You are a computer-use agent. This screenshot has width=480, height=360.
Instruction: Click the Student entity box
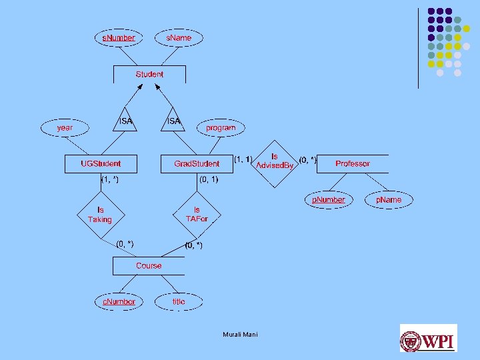click(149, 75)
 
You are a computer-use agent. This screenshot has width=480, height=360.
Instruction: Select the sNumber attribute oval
click(118, 38)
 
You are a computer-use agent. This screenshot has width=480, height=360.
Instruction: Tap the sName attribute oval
click(178, 38)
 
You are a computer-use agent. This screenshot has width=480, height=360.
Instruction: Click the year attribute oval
click(65, 127)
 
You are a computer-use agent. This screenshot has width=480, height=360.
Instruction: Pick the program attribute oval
click(221, 127)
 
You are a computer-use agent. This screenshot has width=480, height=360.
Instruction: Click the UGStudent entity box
click(101, 163)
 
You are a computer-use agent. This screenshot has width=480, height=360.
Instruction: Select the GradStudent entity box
click(196, 163)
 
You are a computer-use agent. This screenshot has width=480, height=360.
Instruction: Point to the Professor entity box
click(353, 163)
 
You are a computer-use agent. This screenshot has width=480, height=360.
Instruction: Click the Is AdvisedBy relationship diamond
click(275, 162)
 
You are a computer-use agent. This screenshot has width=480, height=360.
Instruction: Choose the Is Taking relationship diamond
click(101, 215)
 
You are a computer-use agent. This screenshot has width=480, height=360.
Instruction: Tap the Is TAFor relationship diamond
click(197, 214)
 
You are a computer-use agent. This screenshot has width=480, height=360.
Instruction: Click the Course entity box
click(149, 265)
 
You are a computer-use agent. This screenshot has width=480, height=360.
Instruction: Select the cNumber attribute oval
click(118, 301)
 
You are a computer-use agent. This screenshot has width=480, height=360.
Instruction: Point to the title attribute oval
click(179, 301)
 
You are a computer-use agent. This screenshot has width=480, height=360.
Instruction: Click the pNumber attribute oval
click(329, 199)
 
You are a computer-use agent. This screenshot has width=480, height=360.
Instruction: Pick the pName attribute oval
click(388, 199)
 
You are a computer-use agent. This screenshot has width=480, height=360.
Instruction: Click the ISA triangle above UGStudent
click(125, 121)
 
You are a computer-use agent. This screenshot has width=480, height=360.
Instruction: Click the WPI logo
click(428, 338)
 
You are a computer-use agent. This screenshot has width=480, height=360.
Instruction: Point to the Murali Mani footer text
click(240, 334)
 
